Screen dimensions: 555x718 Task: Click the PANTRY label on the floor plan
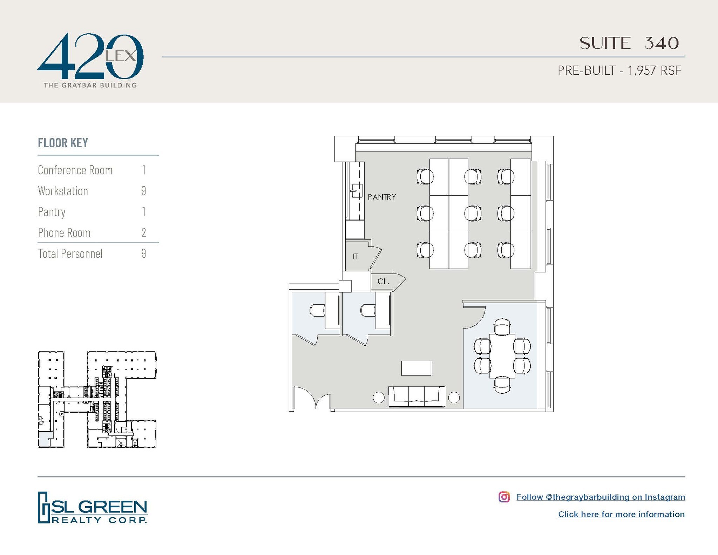[x=382, y=197]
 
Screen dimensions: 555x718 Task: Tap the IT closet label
[x=355, y=257]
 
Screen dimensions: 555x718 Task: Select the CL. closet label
[x=383, y=282]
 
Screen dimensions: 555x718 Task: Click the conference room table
[x=502, y=356]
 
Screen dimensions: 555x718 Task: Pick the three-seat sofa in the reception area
[x=416, y=397]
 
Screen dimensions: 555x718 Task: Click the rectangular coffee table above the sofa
[x=416, y=368]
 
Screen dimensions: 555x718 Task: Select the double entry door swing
[x=312, y=398]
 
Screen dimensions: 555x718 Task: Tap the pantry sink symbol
[x=357, y=191]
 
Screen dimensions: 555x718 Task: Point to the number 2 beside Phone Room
[x=144, y=233]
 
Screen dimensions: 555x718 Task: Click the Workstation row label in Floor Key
[x=63, y=191]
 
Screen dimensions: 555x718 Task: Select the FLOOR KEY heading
[x=63, y=143]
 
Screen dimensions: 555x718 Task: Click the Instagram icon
[x=504, y=497]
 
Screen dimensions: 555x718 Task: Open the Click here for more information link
[x=621, y=514]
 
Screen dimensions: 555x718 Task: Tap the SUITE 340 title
[x=629, y=43]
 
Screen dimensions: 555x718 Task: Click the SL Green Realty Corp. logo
[x=93, y=508]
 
